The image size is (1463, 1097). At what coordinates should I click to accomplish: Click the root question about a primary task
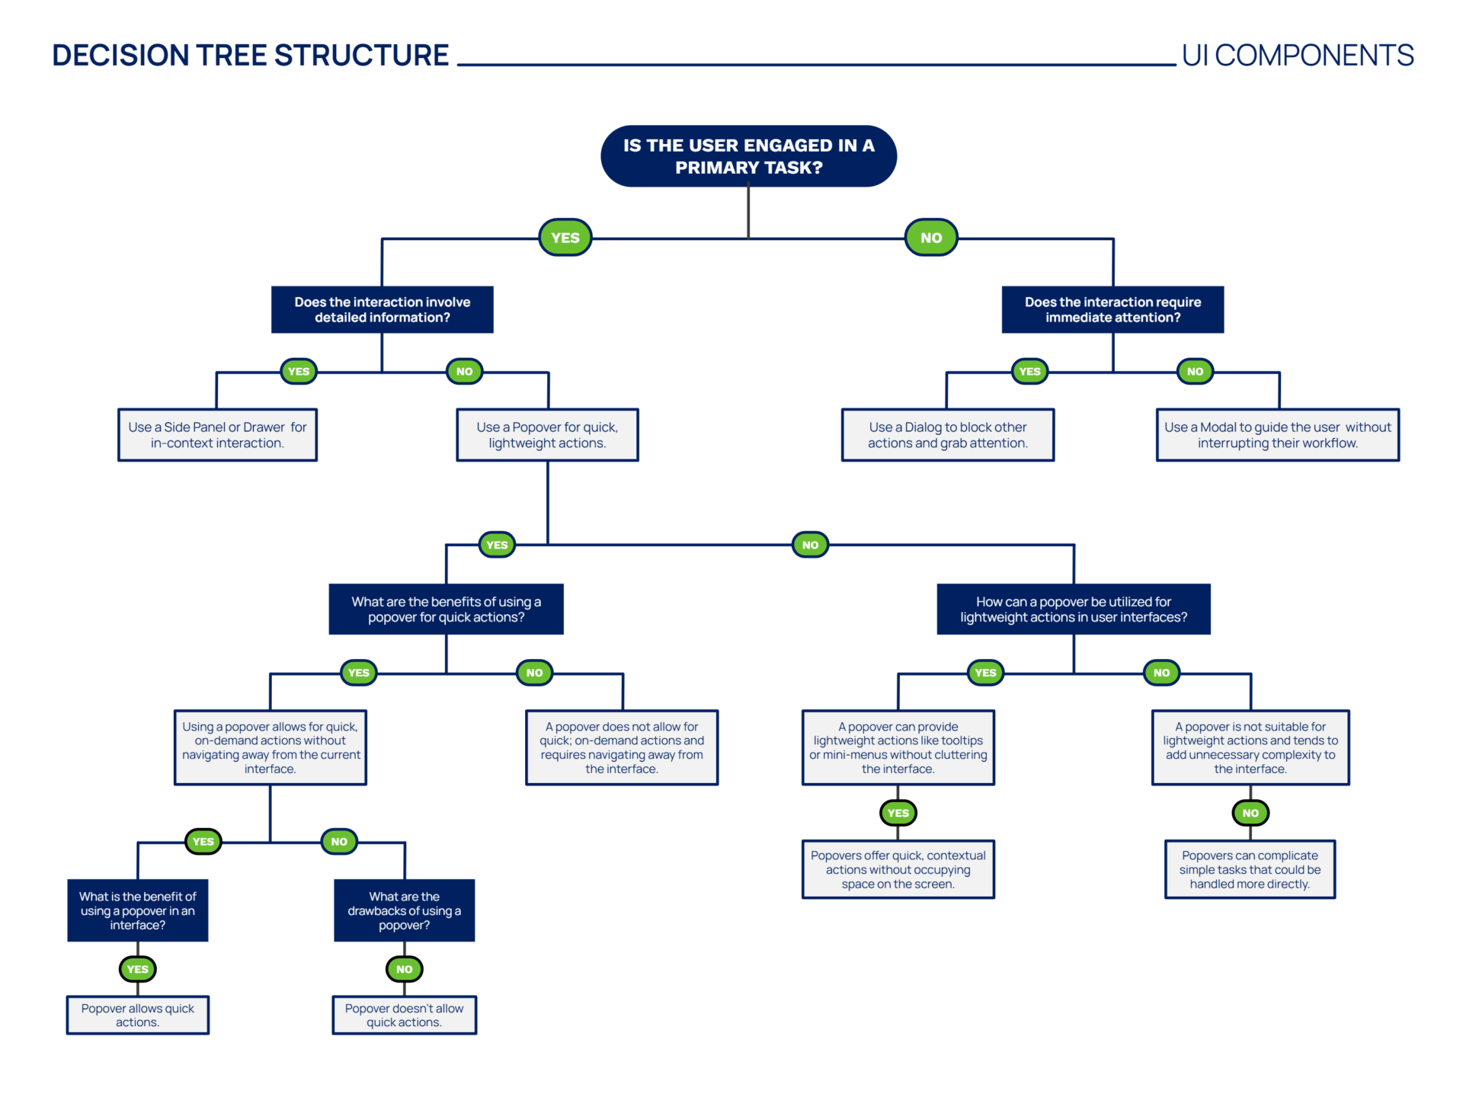pos(748,156)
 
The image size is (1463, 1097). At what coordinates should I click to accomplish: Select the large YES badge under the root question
pos(565,238)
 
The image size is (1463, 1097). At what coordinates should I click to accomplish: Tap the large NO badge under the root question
pos(930,238)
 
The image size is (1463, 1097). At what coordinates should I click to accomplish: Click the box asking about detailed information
pos(382,309)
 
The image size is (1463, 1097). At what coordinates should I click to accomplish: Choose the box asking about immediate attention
pos(1112,309)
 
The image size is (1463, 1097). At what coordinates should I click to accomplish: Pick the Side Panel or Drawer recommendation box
pos(217,435)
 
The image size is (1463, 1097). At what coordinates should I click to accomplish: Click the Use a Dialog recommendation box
pos(947,435)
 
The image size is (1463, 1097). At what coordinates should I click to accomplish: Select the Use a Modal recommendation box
pos(1277,435)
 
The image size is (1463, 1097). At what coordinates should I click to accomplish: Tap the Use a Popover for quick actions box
pos(547,435)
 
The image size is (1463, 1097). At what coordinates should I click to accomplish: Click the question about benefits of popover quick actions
pos(446,609)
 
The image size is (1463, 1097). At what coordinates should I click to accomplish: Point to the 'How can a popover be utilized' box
pos(1073,609)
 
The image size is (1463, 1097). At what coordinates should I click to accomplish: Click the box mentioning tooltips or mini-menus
pos(898,747)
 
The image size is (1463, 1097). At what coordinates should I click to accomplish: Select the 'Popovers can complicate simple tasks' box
pos(1250,869)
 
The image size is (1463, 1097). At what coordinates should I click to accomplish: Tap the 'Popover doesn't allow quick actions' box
pos(404,1015)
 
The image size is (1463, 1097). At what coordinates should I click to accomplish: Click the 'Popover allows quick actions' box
pos(137,1015)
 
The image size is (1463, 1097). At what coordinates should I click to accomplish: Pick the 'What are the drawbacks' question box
pos(404,910)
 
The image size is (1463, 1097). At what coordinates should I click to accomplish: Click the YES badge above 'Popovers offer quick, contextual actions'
pos(898,813)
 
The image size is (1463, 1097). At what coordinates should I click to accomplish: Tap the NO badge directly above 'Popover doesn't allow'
pos(404,969)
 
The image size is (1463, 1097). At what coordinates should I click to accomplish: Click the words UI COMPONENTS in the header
pos(1297,56)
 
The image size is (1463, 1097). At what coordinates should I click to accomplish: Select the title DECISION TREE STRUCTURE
pos(250,56)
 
